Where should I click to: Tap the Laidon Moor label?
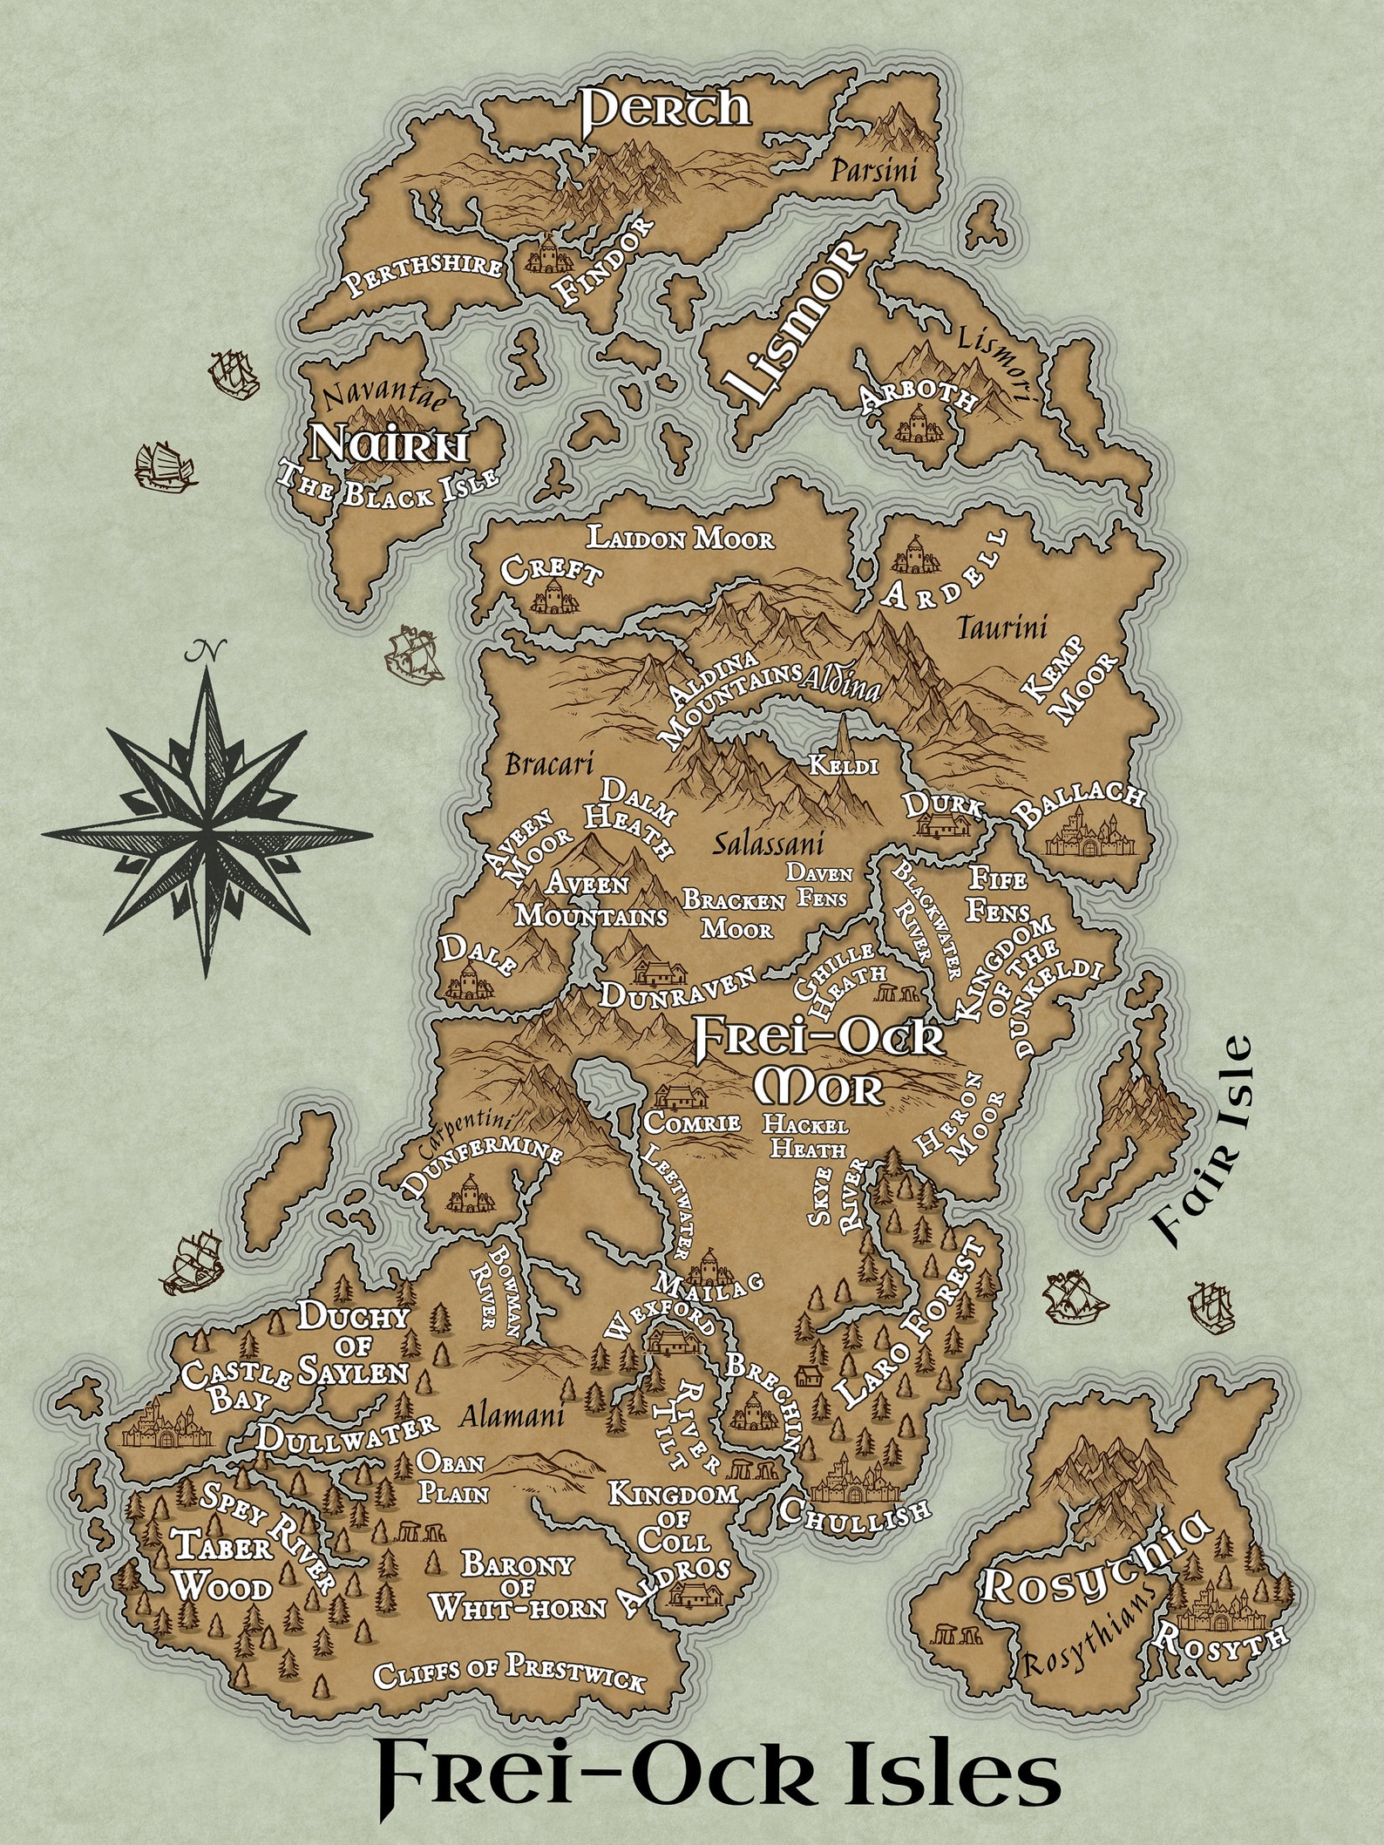coord(680,539)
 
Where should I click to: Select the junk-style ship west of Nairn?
coord(163,467)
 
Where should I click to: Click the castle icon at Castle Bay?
coord(161,1427)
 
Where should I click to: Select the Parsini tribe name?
coord(872,171)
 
